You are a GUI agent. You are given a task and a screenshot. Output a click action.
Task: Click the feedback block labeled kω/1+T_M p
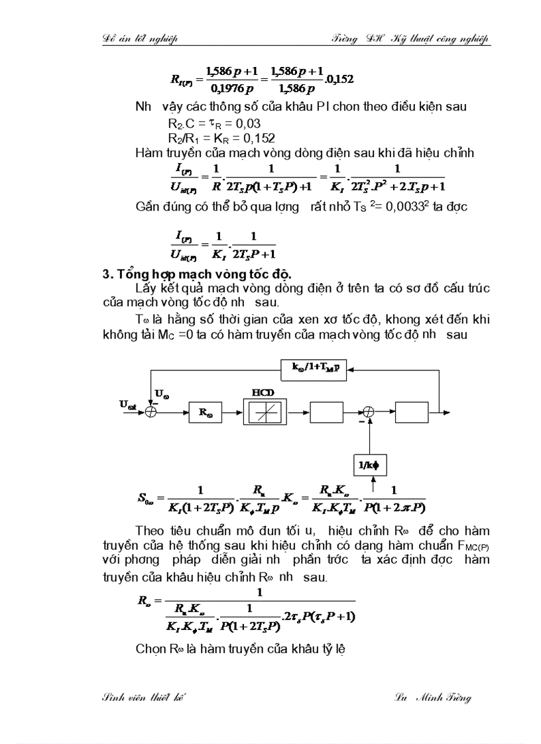click(314, 368)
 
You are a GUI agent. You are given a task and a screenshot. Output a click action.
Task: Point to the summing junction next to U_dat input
click(152, 411)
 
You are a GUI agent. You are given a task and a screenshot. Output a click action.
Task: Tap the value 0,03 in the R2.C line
click(248, 123)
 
